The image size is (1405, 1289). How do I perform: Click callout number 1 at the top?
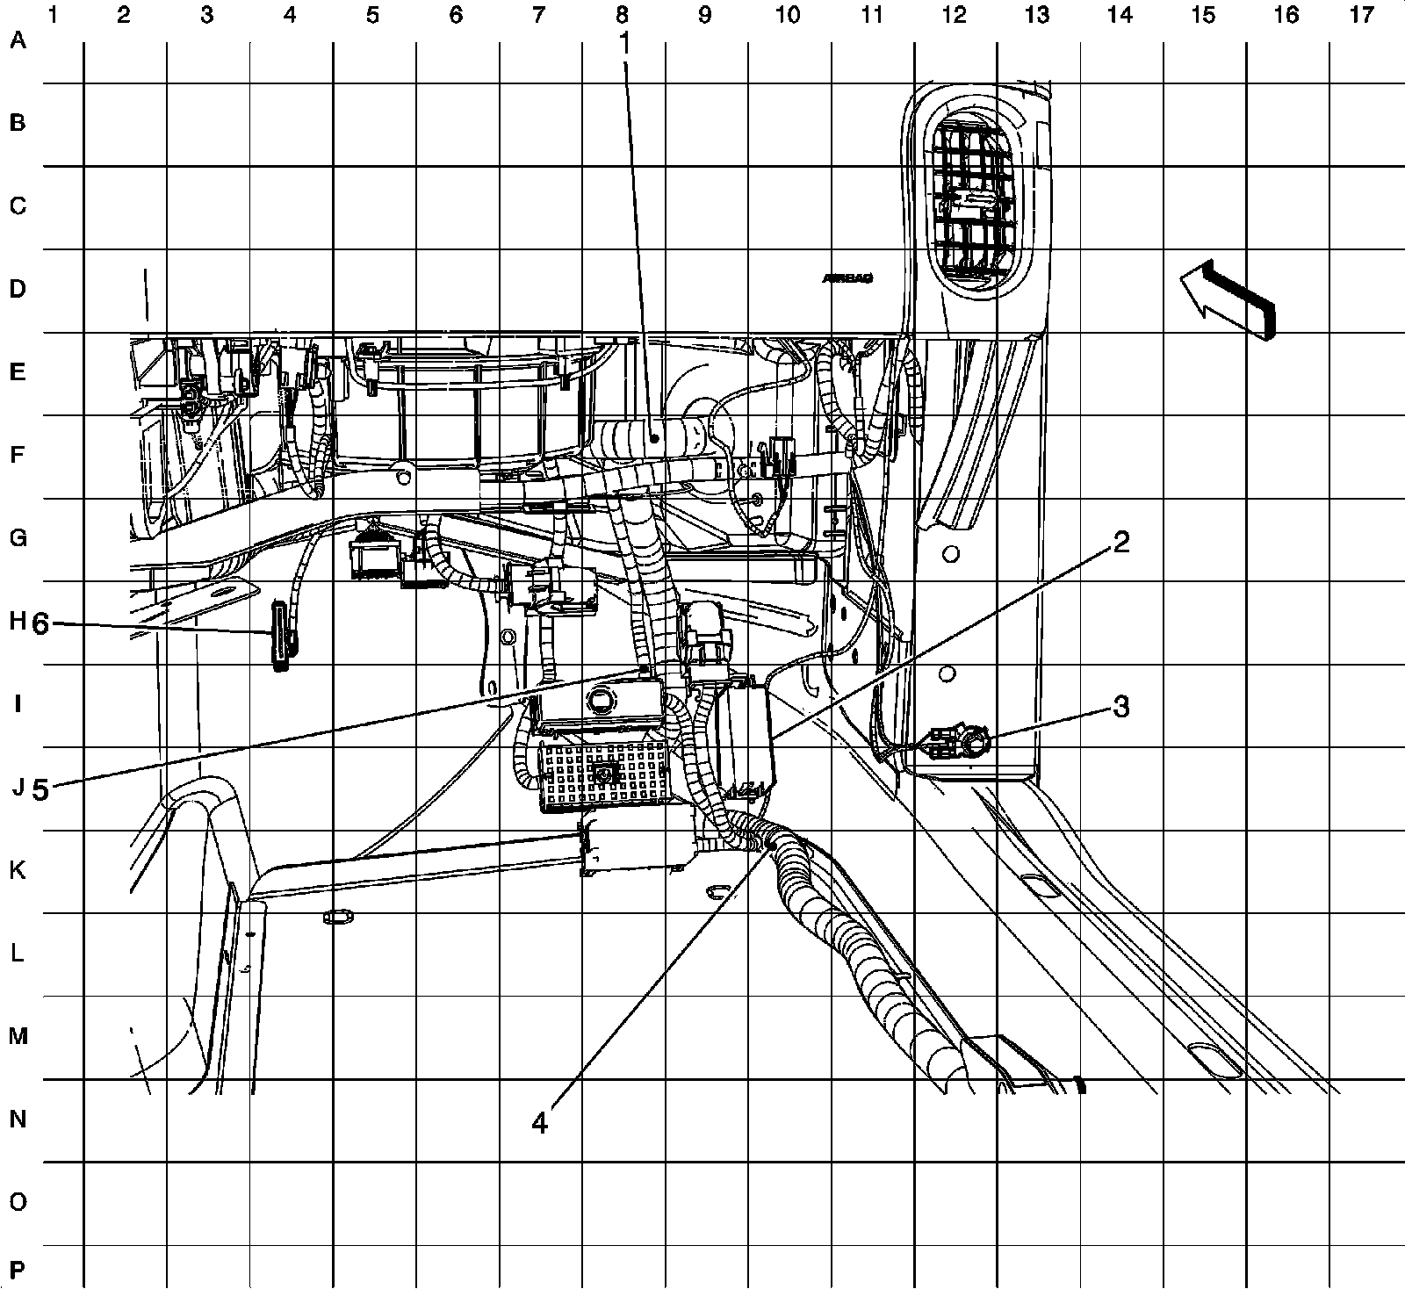pos(625,45)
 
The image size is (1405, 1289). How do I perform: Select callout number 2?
pos(1120,544)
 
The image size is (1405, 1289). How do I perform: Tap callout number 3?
pos(1121,707)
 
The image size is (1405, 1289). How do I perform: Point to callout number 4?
pos(540,1122)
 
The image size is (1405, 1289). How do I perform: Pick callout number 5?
pos(40,789)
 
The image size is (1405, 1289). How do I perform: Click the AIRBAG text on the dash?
pos(847,278)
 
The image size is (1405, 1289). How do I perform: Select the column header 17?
pos(1361,15)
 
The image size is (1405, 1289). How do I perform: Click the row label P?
pos(18,1268)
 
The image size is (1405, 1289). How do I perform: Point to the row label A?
pos(18,40)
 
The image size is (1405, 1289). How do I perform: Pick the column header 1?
pos(54,15)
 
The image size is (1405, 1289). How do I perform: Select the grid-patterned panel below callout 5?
pos(602,774)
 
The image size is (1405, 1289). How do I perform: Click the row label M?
pos(18,1036)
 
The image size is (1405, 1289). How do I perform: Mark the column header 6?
pos(455,15)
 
